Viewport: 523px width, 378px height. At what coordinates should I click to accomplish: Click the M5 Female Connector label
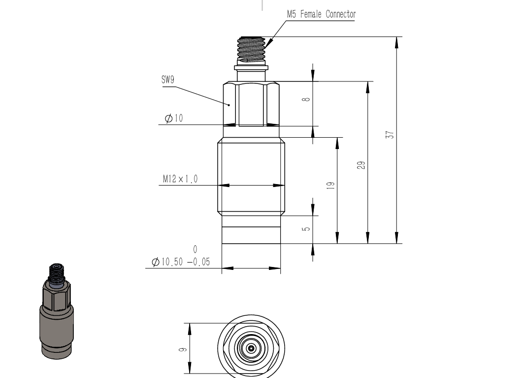(x=321, y=14)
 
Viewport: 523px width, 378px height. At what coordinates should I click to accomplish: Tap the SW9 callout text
(x=168, y=79)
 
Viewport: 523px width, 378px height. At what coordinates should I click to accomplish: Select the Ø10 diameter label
(x=174, y=118)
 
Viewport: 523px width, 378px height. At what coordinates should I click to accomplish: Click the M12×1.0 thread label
(x=180, y=179)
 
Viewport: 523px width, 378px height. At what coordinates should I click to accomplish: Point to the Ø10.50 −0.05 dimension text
(x=181, y=262)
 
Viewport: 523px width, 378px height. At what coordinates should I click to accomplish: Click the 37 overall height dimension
(x=390, y=135)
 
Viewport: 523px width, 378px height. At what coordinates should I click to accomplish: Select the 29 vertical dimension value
(x=361, y=165)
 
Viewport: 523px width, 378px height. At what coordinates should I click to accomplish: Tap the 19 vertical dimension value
(x=330, y=186)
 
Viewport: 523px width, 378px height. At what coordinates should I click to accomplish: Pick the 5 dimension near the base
(x=306, y=229)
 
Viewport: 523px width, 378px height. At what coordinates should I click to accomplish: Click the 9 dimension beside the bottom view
(x=182, y=349)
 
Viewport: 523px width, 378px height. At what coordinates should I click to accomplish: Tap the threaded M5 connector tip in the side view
(x=251, y=50)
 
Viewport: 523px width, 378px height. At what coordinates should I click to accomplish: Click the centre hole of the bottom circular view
(x=251, y=348)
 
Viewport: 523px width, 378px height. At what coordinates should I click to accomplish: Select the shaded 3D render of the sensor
(x=56, y=311)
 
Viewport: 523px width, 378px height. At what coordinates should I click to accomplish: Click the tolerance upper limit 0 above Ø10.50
(x=195, y=249)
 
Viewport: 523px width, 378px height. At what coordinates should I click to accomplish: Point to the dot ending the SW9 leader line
(x=229, y=105)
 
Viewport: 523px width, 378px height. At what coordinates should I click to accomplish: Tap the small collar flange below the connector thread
(x=251, y=68)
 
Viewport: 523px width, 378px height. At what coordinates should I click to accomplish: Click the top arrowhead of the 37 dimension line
(x=396, y=42)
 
